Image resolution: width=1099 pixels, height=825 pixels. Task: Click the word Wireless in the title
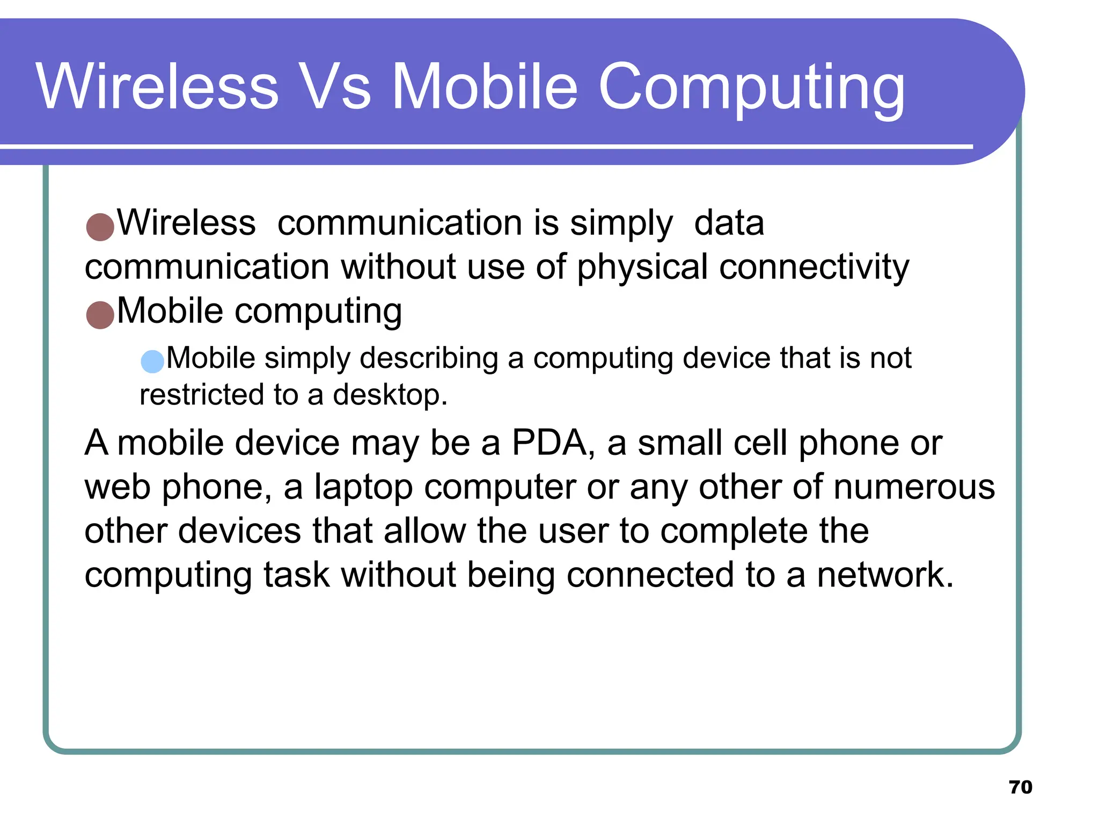pos(157,87)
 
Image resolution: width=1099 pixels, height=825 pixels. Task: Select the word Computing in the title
pos(751,89)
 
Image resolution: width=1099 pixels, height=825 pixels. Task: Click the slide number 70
pos(1020,787)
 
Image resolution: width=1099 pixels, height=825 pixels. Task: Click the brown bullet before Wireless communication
pos(100,226)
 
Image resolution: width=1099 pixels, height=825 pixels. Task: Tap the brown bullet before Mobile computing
pos(100,314)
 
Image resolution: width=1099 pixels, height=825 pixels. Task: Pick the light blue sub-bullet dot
pos(152,361)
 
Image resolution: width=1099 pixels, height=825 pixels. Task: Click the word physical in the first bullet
pos(642,267)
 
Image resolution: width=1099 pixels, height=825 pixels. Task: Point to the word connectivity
pos(814,267)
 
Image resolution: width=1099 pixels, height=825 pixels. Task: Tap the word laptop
pos(363,487)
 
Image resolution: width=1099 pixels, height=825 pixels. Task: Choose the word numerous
pos(914,487)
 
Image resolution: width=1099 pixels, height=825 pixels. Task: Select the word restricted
pos(201,395)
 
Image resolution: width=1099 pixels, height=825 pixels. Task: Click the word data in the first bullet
pos(729,223)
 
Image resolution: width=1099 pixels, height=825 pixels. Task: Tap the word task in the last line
pos(296,575)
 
